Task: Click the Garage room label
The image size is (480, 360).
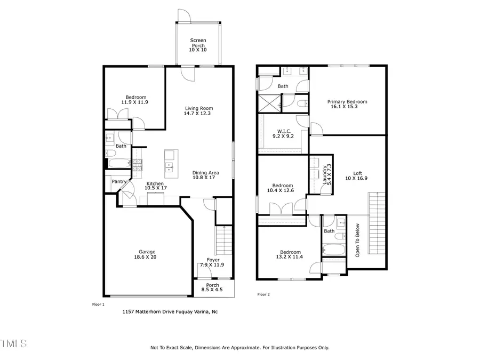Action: [147, 252]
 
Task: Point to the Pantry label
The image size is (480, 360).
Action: [119, 182]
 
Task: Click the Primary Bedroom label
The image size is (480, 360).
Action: [347, 102]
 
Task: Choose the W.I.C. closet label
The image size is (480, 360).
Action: [283, 131]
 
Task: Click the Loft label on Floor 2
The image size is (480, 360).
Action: [357, 173]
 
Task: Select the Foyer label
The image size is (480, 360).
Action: [213, 260]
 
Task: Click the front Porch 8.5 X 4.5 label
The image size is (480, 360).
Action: [213, 287]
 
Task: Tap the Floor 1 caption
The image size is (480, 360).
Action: [99, 304]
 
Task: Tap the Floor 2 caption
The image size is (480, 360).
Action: [263, 294]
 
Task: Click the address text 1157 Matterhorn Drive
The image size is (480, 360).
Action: [170, 312]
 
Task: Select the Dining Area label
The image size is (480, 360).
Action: [206, 173]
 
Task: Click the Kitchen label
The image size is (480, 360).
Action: [157, 184]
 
